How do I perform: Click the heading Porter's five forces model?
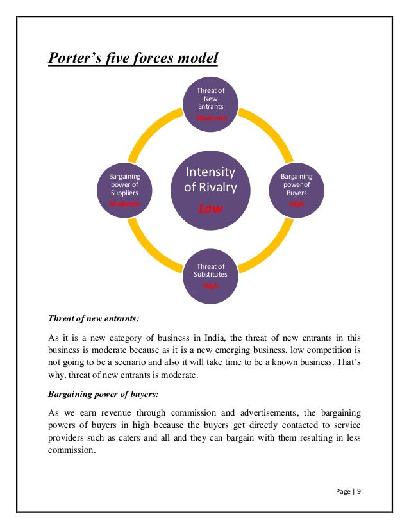pyautogui.click(x=133, y=59)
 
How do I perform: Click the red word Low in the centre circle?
pyautogui.click(x=211, y=208)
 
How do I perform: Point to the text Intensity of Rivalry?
pyautogui.click(x=211, y=179)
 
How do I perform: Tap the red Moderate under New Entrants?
pyautogui.click(x=211, y=118)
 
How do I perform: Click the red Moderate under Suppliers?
pyautogui.click(x=124, y=204)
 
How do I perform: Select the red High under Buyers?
pyautogui.click(x=297, y=204)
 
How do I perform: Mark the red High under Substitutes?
pyautogui.click(x=211, y=286)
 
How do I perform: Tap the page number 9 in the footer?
pyautogui.click(x=359, y=491)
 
